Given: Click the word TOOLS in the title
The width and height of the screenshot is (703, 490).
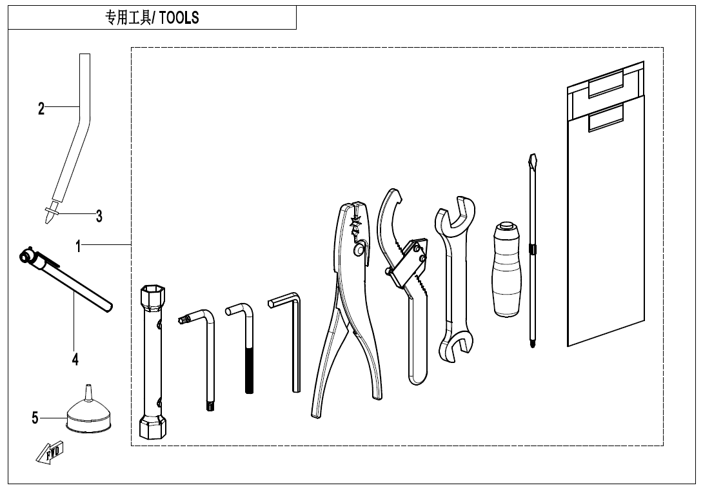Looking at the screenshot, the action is click(x=179, y=17).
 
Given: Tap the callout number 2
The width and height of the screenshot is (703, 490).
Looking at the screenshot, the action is click(x=41, y=108).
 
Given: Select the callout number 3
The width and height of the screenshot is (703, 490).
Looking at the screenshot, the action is click(x=99, y=216).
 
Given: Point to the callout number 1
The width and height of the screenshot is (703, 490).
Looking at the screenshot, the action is click(x=78, y=246).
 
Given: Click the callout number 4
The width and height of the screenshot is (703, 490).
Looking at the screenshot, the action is click(x=75, y=358).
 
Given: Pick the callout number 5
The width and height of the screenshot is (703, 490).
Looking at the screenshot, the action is click(x=35, y=418).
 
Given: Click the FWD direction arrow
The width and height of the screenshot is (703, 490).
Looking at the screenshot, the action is click(x=50, y=452).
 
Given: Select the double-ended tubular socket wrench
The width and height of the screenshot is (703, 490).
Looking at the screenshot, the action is click(x=152, y=362).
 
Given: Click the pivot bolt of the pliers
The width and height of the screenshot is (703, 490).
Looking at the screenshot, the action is click(x=359, y=250).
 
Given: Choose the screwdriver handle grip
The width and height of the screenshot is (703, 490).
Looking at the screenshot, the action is click(x=508, y=269).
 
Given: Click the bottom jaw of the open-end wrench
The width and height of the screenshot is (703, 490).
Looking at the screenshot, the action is click(x=456, y=348).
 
